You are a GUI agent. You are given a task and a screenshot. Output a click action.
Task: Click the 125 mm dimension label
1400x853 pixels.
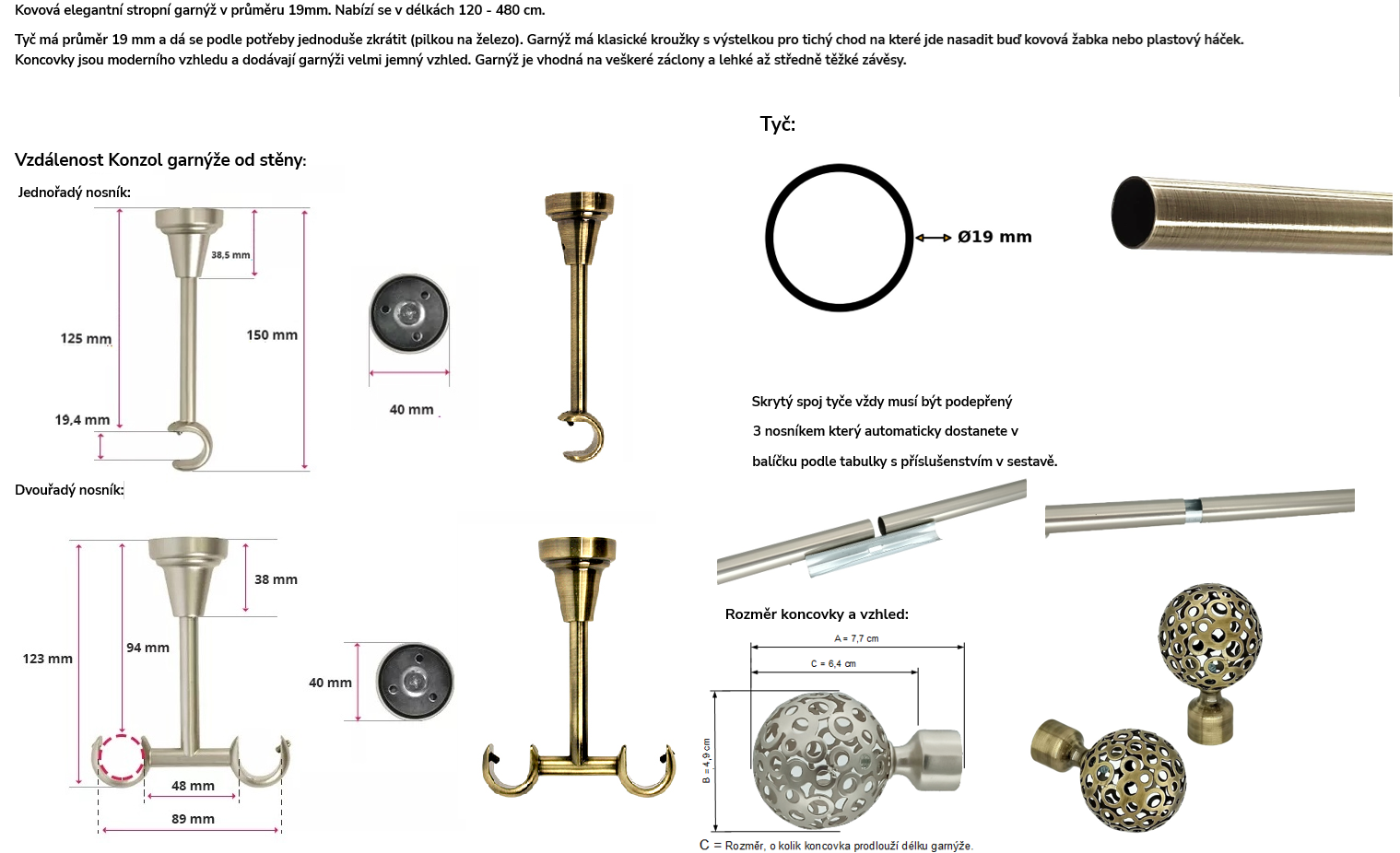click(86, 338)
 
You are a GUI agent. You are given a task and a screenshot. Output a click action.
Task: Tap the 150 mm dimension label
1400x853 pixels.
click(272, 335)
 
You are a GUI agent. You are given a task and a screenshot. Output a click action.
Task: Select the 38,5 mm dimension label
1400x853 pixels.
click(230, 255)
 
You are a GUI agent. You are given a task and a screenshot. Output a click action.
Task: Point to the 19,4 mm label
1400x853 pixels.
click(82, 420)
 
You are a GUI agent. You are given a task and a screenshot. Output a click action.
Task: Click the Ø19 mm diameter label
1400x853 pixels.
click(994, 237)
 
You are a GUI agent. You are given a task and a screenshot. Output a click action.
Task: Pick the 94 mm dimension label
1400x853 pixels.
click(147, 649)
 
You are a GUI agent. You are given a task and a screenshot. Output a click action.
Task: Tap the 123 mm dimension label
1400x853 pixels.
click(48, 659)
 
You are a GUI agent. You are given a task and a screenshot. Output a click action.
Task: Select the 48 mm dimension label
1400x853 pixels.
click(193, 786)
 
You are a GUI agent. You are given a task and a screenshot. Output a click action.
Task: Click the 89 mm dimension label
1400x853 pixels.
click(193, 819)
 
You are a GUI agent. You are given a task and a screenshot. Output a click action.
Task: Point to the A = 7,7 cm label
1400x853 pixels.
click(856, 638)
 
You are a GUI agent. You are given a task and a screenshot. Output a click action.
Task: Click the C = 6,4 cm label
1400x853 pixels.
click(833, 664)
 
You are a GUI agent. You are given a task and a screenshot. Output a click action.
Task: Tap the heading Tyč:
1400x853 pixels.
click(778, 123)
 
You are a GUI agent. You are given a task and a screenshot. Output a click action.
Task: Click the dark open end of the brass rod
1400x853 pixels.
click(1133, 213)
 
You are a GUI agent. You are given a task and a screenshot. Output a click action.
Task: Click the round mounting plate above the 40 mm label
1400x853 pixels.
click(408, 313)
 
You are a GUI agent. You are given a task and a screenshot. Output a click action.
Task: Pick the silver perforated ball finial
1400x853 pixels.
click(822, 761)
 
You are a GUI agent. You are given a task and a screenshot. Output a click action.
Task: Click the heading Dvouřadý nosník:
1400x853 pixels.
click(69, 490)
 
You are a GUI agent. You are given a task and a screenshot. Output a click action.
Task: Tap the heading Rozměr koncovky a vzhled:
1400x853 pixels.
click(817, 614)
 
